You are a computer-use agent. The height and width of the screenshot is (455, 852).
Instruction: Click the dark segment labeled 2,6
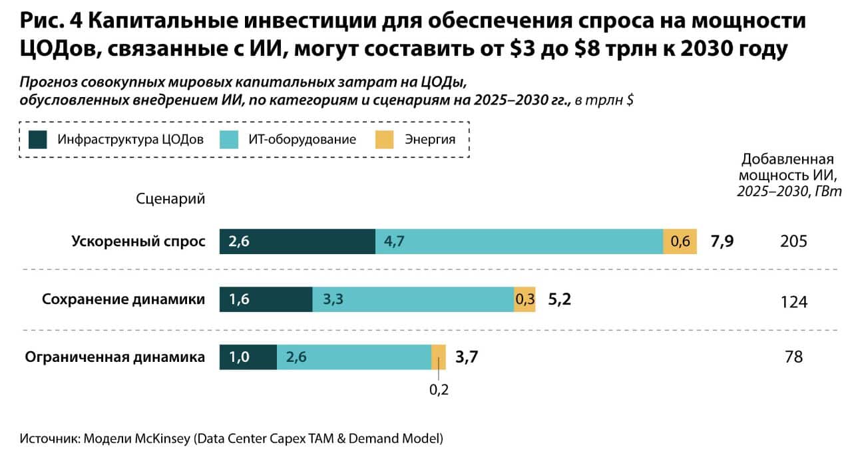click(x=298, y=241)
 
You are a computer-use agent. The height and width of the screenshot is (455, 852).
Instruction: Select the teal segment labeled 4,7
click(x=519, y=241)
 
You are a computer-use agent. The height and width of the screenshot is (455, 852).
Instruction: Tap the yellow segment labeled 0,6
click(x=680, y=241)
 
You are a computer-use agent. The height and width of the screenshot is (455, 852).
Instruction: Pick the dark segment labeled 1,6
click(x=266, y=300)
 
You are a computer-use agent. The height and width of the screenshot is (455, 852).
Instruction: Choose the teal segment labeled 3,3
click(x=413, y=300)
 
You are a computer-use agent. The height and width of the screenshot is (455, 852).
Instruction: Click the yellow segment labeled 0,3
click(x=525, y=300)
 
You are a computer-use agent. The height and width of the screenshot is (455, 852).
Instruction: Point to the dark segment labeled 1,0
click(x=248, y=357)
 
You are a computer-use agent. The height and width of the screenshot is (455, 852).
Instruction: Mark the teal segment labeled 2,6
click(x=354, y=357)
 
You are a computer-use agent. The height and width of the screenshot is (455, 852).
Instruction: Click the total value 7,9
click(x=722, y=241)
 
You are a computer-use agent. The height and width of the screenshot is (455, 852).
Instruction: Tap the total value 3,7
click(x=467, y=357)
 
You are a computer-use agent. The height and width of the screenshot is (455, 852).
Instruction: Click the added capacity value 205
click(x=793, y=241)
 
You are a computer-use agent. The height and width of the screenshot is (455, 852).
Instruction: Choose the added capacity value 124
click(x=793, y=302)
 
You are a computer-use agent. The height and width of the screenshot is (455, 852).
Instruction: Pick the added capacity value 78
click(x=793, y=357)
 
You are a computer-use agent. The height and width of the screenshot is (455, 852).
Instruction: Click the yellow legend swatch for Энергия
click(x=385, y=140)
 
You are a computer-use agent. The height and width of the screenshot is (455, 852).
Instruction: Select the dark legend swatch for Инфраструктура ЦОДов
click(x=38, y=140)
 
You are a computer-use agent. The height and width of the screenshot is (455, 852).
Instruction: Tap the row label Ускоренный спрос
click(x=138, y=241)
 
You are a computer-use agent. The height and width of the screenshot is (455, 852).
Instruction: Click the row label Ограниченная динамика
click(x=114, y=357)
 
